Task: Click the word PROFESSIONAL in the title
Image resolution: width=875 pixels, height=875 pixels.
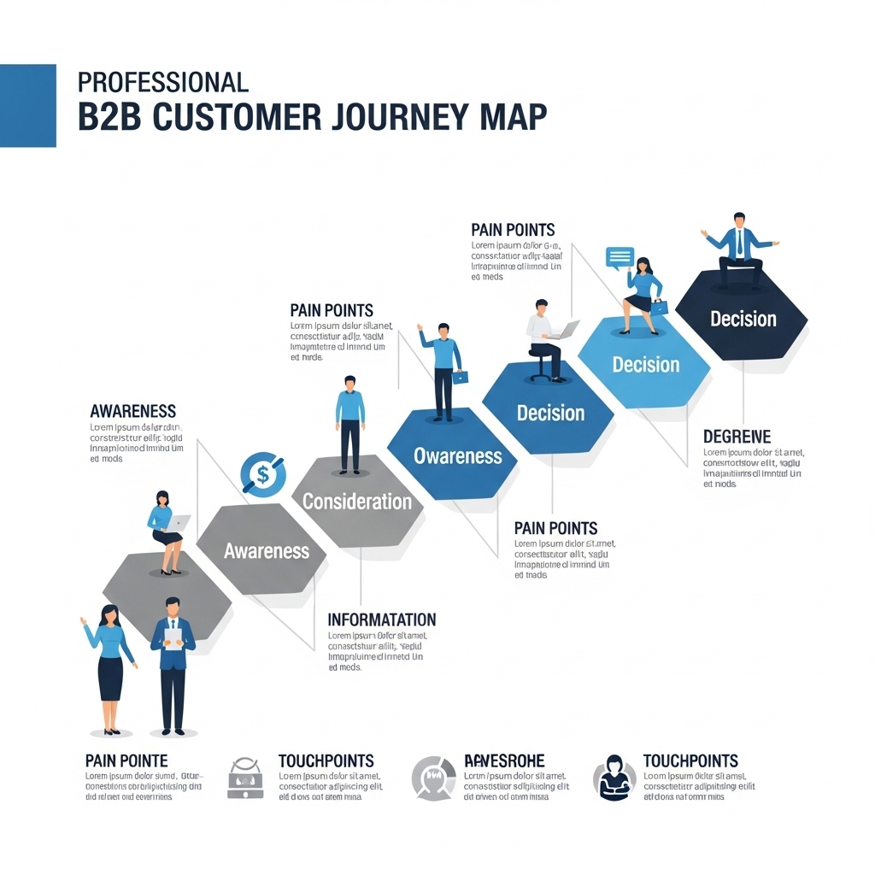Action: pyautogui.click(x=162, y=82)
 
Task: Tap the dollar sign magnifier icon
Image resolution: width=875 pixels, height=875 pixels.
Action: pyautogui.click(x=262, y=473)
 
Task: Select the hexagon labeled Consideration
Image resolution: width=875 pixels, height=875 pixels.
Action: pyautogui.click(x=356, y=501)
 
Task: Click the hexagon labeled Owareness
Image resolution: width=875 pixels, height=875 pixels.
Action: pyautogui.click(x=457, y=455)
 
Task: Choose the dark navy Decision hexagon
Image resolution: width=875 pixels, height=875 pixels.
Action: pyautogui.click(x=743, y=319)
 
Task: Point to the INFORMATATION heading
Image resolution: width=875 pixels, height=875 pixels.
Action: pyautogui.click(x=381, y=620)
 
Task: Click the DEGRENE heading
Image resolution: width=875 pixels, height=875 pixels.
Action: pyautogui.click(x=737, y=437)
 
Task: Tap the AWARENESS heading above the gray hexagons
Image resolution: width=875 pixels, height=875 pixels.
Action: pyautogui.click(x=132, y=411)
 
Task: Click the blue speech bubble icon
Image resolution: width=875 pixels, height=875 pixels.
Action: pyautogui.click(x=620, y=257)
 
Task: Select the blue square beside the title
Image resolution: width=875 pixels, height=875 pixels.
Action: pyautogui.click(x=27, y=105)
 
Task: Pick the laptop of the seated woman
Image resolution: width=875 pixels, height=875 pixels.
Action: pyautogui.click(x=179, y=522)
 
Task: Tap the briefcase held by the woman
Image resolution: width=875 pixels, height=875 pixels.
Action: pyautogui.click(x=659, y=307)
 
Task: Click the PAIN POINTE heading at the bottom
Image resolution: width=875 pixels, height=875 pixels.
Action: pyautogui.click(x=126, y=760)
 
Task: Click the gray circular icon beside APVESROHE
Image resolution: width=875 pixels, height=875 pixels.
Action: pyautogui.click(x=432, y=778)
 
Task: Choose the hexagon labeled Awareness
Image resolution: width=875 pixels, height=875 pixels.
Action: pyautogui.click(x=266, y=550)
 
